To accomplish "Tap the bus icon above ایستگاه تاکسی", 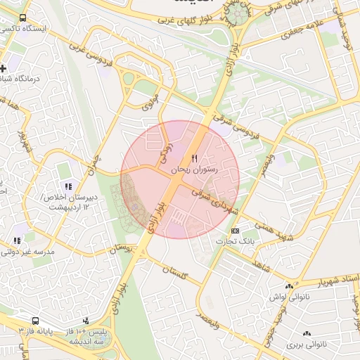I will pyautogui.click(x=23, y=18).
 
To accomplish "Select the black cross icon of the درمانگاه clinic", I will pyautogui.click(x=4, y=69).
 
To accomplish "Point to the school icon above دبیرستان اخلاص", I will pyautogui.click(x=67, y=186).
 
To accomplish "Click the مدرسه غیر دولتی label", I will pyautogui.click(x=27, y=252).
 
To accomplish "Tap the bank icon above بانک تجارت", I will pyautogui.click(x=235, y=231).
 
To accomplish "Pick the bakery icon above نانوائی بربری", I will pyautogui.click(x=307, y=333).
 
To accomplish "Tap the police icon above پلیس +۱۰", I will pyautogui.click(x=86, y=320).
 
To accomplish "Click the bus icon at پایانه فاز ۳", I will pyautogui.click(x=35, y=321).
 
